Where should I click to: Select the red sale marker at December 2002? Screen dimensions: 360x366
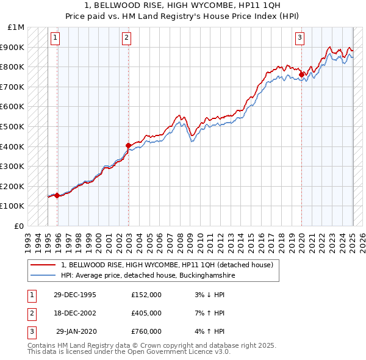tap(129, 145)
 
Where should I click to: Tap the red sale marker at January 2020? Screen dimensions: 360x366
tap(301, 75)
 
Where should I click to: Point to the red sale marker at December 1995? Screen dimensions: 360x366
tap(57, 195)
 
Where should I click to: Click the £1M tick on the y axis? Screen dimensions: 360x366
tap(16, 27)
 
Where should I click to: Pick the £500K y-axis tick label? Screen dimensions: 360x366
tap(13, 126)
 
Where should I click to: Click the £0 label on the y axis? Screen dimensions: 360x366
tap(20, 226)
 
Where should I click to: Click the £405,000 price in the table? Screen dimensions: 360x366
tap(146, 313)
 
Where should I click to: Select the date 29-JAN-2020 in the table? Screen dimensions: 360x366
tap(76, 331)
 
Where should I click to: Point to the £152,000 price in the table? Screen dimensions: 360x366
tap(146, 295)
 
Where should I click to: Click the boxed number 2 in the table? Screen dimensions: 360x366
tap(30, 313)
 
